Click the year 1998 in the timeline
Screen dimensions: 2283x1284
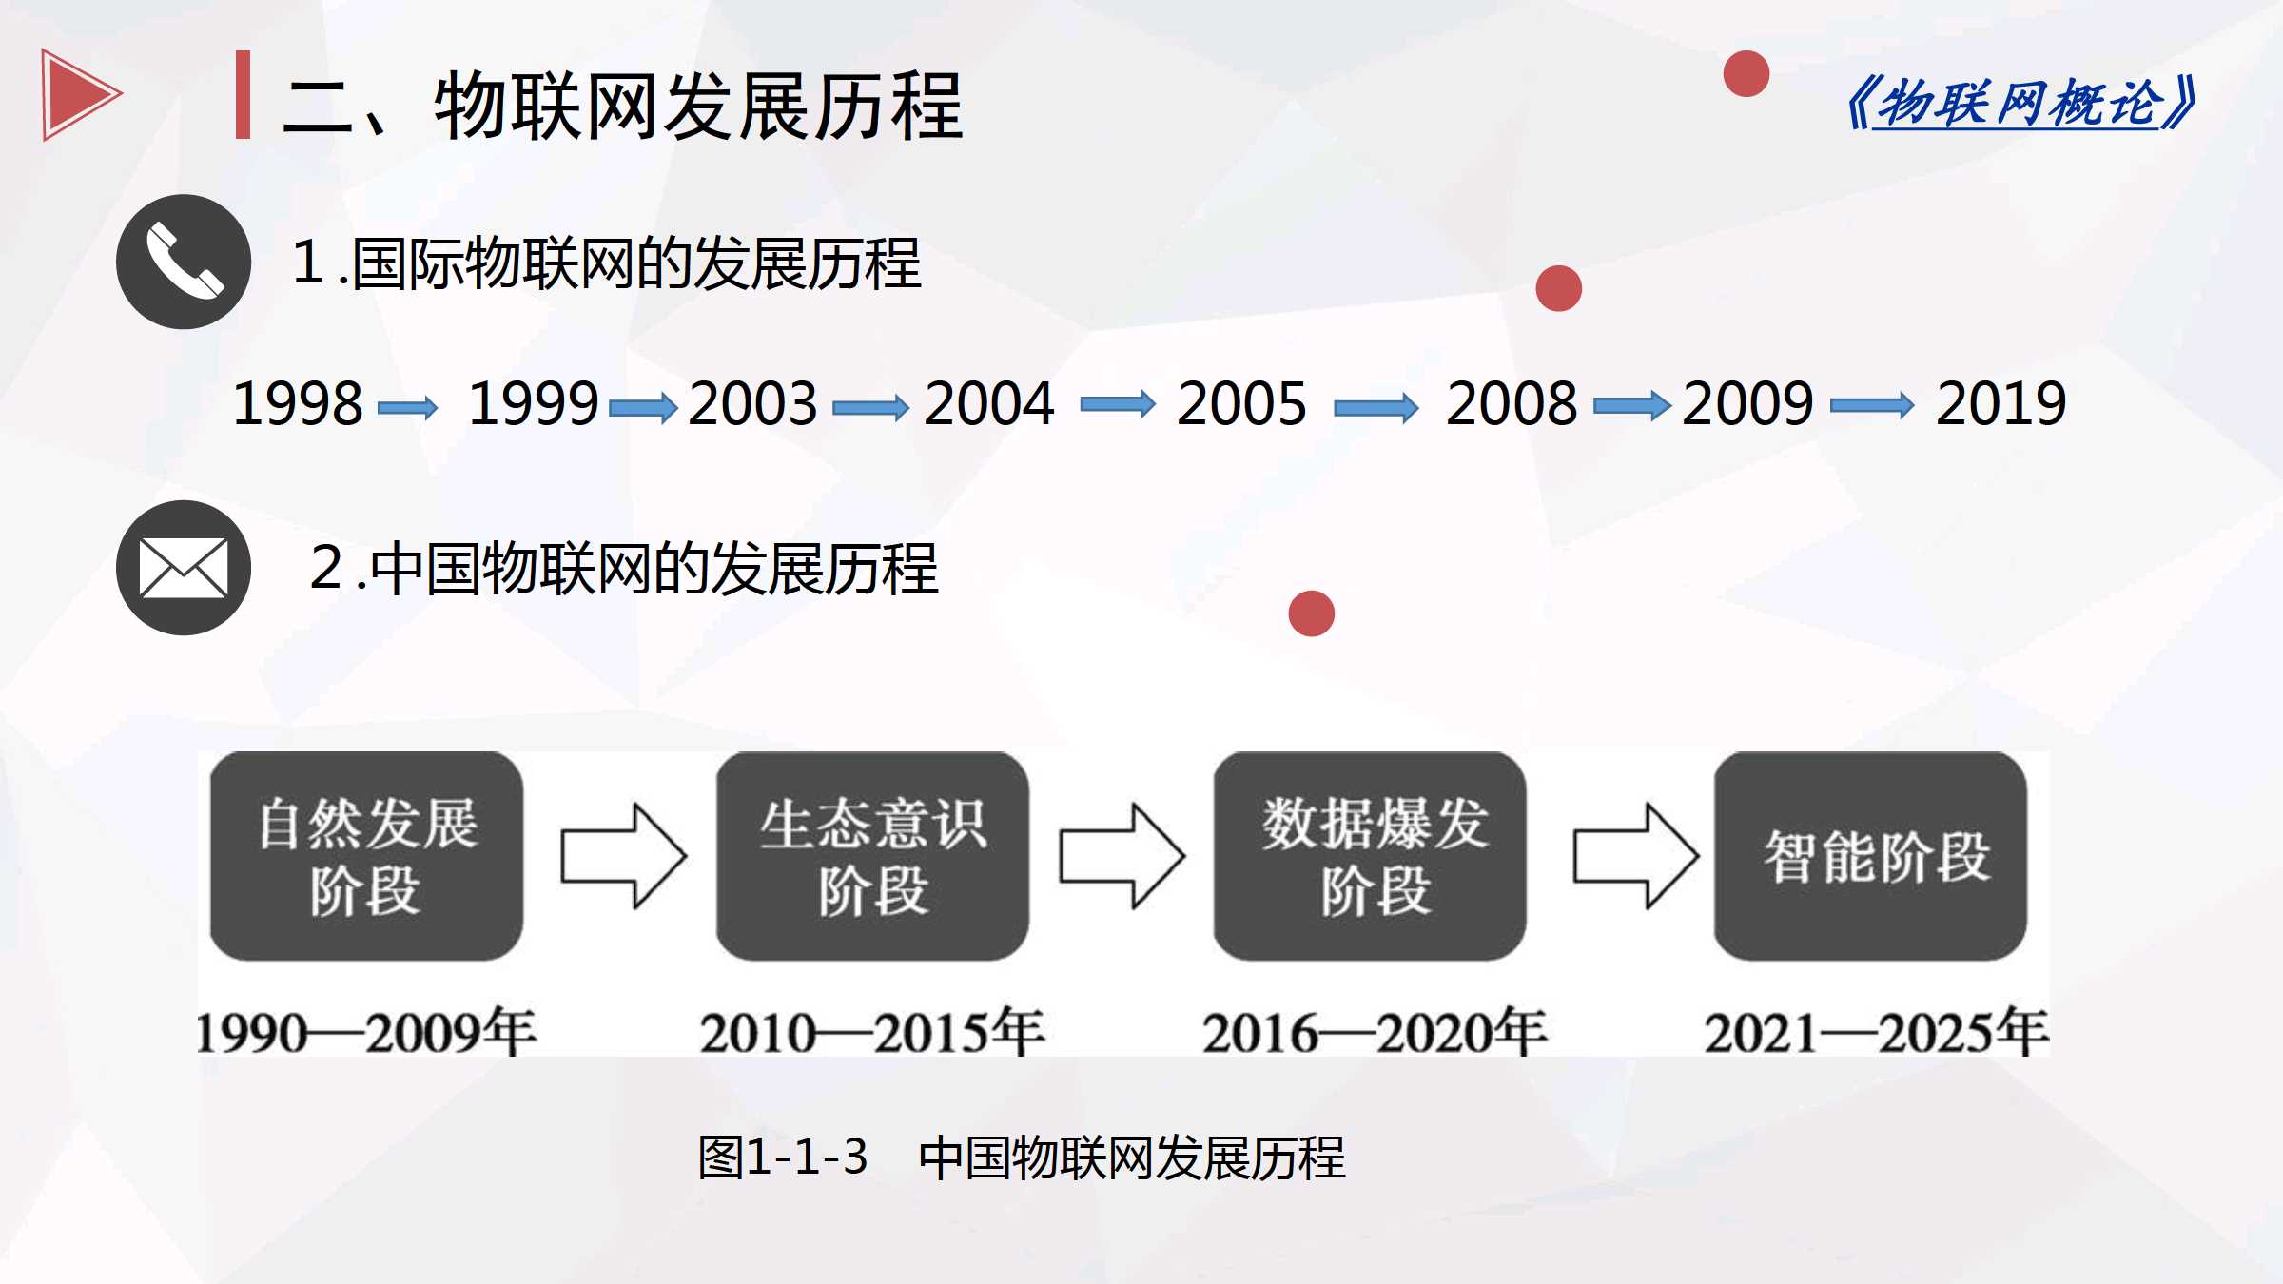298,403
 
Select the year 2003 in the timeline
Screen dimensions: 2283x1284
752,403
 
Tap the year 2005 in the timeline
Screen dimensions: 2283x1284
1241,403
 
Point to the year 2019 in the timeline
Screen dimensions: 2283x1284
2001,403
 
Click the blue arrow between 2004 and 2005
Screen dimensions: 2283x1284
1118,405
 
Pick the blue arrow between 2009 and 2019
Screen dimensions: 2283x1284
1872,406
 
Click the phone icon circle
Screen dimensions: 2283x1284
184,262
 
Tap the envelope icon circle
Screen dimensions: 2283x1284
184,568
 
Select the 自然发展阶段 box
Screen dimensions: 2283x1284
366,856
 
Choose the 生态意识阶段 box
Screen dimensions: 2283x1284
872,856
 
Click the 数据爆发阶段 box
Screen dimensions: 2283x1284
1370,856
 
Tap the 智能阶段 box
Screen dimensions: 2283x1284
1870,856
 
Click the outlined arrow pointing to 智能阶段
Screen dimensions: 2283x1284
1636,856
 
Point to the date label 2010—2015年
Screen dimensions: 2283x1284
872,1032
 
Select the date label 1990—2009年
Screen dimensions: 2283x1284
366,1032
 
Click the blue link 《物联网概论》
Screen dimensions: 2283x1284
2020,103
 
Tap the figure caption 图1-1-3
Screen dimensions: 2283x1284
783,1158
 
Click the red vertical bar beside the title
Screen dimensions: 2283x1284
244,94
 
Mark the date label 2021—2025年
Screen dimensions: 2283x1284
1876,1032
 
